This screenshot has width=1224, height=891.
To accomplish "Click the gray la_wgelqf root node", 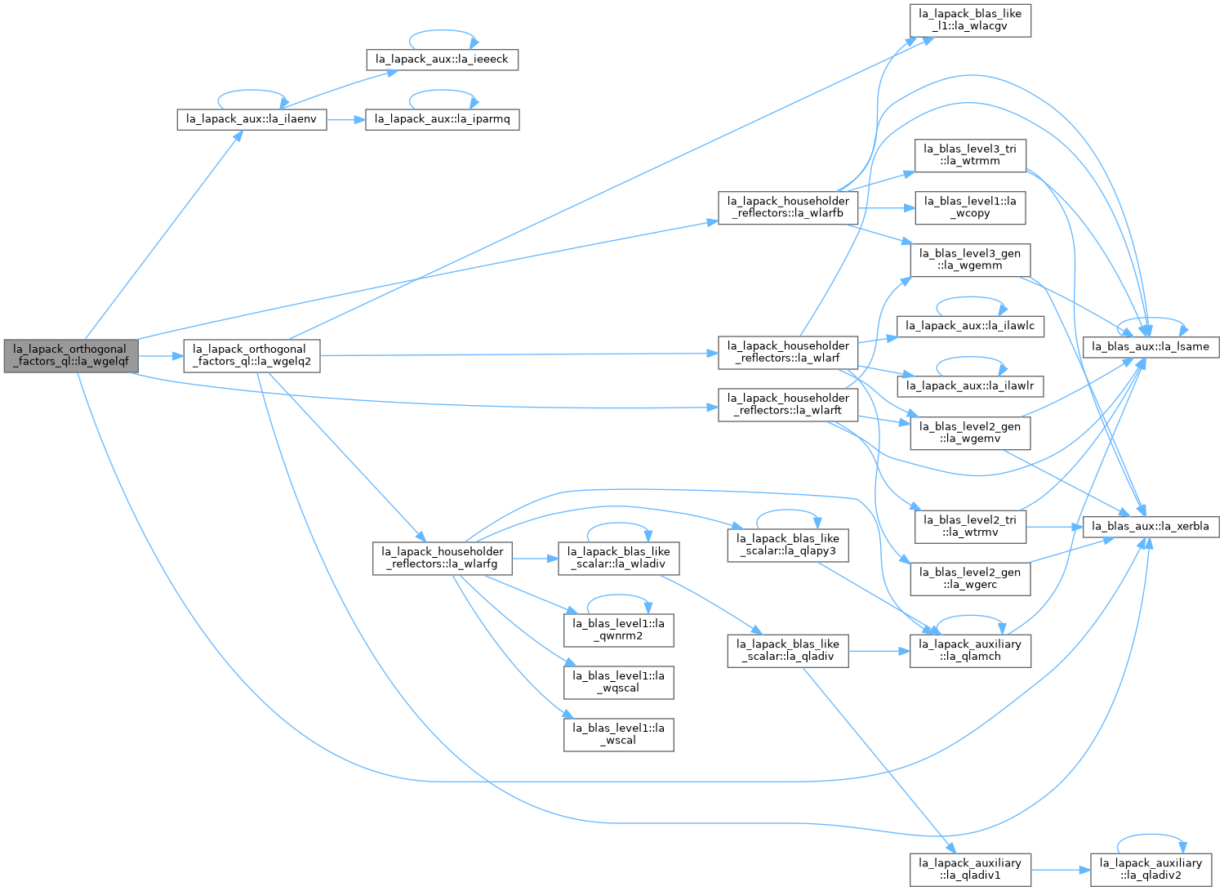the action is [71, 356].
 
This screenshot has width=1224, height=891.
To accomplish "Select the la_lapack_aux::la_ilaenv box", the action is [251, 120].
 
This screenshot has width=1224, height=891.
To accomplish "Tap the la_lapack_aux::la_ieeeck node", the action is [443, 60].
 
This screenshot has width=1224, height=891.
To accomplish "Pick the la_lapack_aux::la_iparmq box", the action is [443, 120].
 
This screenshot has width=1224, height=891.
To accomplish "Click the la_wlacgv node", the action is [971, 20].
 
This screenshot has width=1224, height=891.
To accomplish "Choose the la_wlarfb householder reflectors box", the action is [789, 208].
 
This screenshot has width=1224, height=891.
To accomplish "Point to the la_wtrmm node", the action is [971, 156].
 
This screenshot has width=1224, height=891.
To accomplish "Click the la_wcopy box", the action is [971, 208].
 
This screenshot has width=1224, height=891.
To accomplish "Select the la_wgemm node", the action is [971, 261].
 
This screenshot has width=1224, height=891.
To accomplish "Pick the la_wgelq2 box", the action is [251, 356].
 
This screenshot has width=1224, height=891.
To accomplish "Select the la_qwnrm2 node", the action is [620, 631].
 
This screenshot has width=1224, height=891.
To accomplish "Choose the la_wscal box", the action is [620, 736].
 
